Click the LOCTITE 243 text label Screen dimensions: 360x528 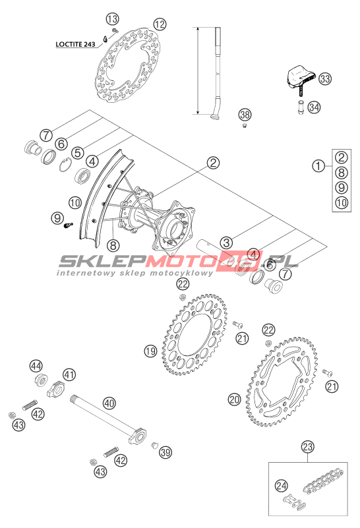tap(75, 44)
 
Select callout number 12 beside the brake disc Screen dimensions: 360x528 tap(160, 24)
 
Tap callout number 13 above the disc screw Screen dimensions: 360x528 tap(113, 19)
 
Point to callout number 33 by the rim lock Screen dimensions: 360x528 tap(325, 79)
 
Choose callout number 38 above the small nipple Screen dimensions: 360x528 tap(245, 115)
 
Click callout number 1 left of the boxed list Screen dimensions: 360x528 tap(318, 165)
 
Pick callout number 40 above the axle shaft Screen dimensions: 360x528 tap(109, 403)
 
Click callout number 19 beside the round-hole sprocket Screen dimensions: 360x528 tap(150, 351)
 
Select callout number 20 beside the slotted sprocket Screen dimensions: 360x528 tap(235, 399)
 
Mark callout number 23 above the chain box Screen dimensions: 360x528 tap(307, 447)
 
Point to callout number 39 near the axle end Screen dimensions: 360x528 tap(165, 452)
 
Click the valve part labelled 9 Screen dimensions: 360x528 tap(69, 225)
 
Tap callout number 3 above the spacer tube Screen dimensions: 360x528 tap(226, 243)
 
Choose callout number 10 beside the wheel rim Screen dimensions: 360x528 tap(75, 203)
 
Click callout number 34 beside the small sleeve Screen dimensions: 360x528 tap(314, 107)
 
